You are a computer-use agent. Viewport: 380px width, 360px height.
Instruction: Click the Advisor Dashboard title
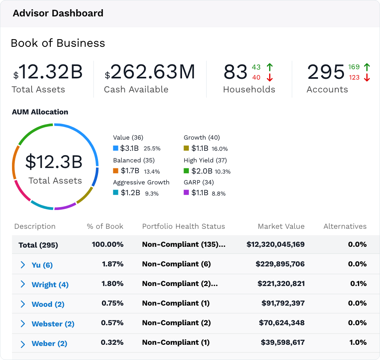tap(58, 13)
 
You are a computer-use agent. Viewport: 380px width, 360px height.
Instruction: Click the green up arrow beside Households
tap(270, 67)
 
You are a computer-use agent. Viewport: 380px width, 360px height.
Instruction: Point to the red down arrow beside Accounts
tap(367, 78)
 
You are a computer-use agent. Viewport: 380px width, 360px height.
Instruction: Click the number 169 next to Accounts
tap(354, 67)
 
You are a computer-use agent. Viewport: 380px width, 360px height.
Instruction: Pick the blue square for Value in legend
tap(116, 148)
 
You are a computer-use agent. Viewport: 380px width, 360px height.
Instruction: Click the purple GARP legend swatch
tap(186, 192)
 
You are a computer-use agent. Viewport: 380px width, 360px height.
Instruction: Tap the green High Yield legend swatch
tap(186, 171)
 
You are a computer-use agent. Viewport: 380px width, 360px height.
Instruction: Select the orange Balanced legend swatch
tap(116, 171)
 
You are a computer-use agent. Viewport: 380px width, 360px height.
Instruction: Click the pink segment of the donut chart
tap(21, 192)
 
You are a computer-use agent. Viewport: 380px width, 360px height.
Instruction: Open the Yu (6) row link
tap(42, 265)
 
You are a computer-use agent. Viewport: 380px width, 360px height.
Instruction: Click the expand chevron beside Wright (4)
tap(23, 284)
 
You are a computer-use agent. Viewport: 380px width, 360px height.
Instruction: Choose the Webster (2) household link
tap(53, 324)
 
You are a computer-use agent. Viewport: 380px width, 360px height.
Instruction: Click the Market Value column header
tap(281, 226)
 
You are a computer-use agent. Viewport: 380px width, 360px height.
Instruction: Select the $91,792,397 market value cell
tap(283, 303)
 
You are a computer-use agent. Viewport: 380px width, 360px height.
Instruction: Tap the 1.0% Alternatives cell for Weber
tap(358, 342)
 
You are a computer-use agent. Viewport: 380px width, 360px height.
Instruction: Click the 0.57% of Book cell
tap(112, 323)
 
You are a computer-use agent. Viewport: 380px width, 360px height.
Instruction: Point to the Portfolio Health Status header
tap(184, 226)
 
